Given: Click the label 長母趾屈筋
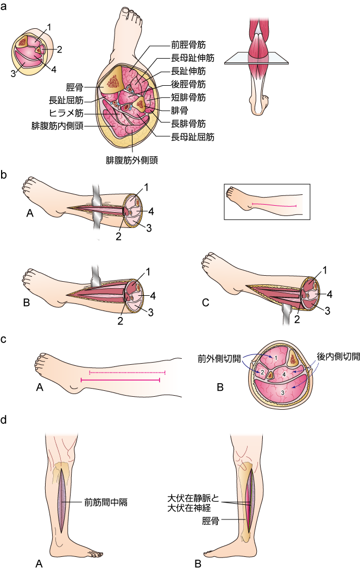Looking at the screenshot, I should [x=192, y=137].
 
